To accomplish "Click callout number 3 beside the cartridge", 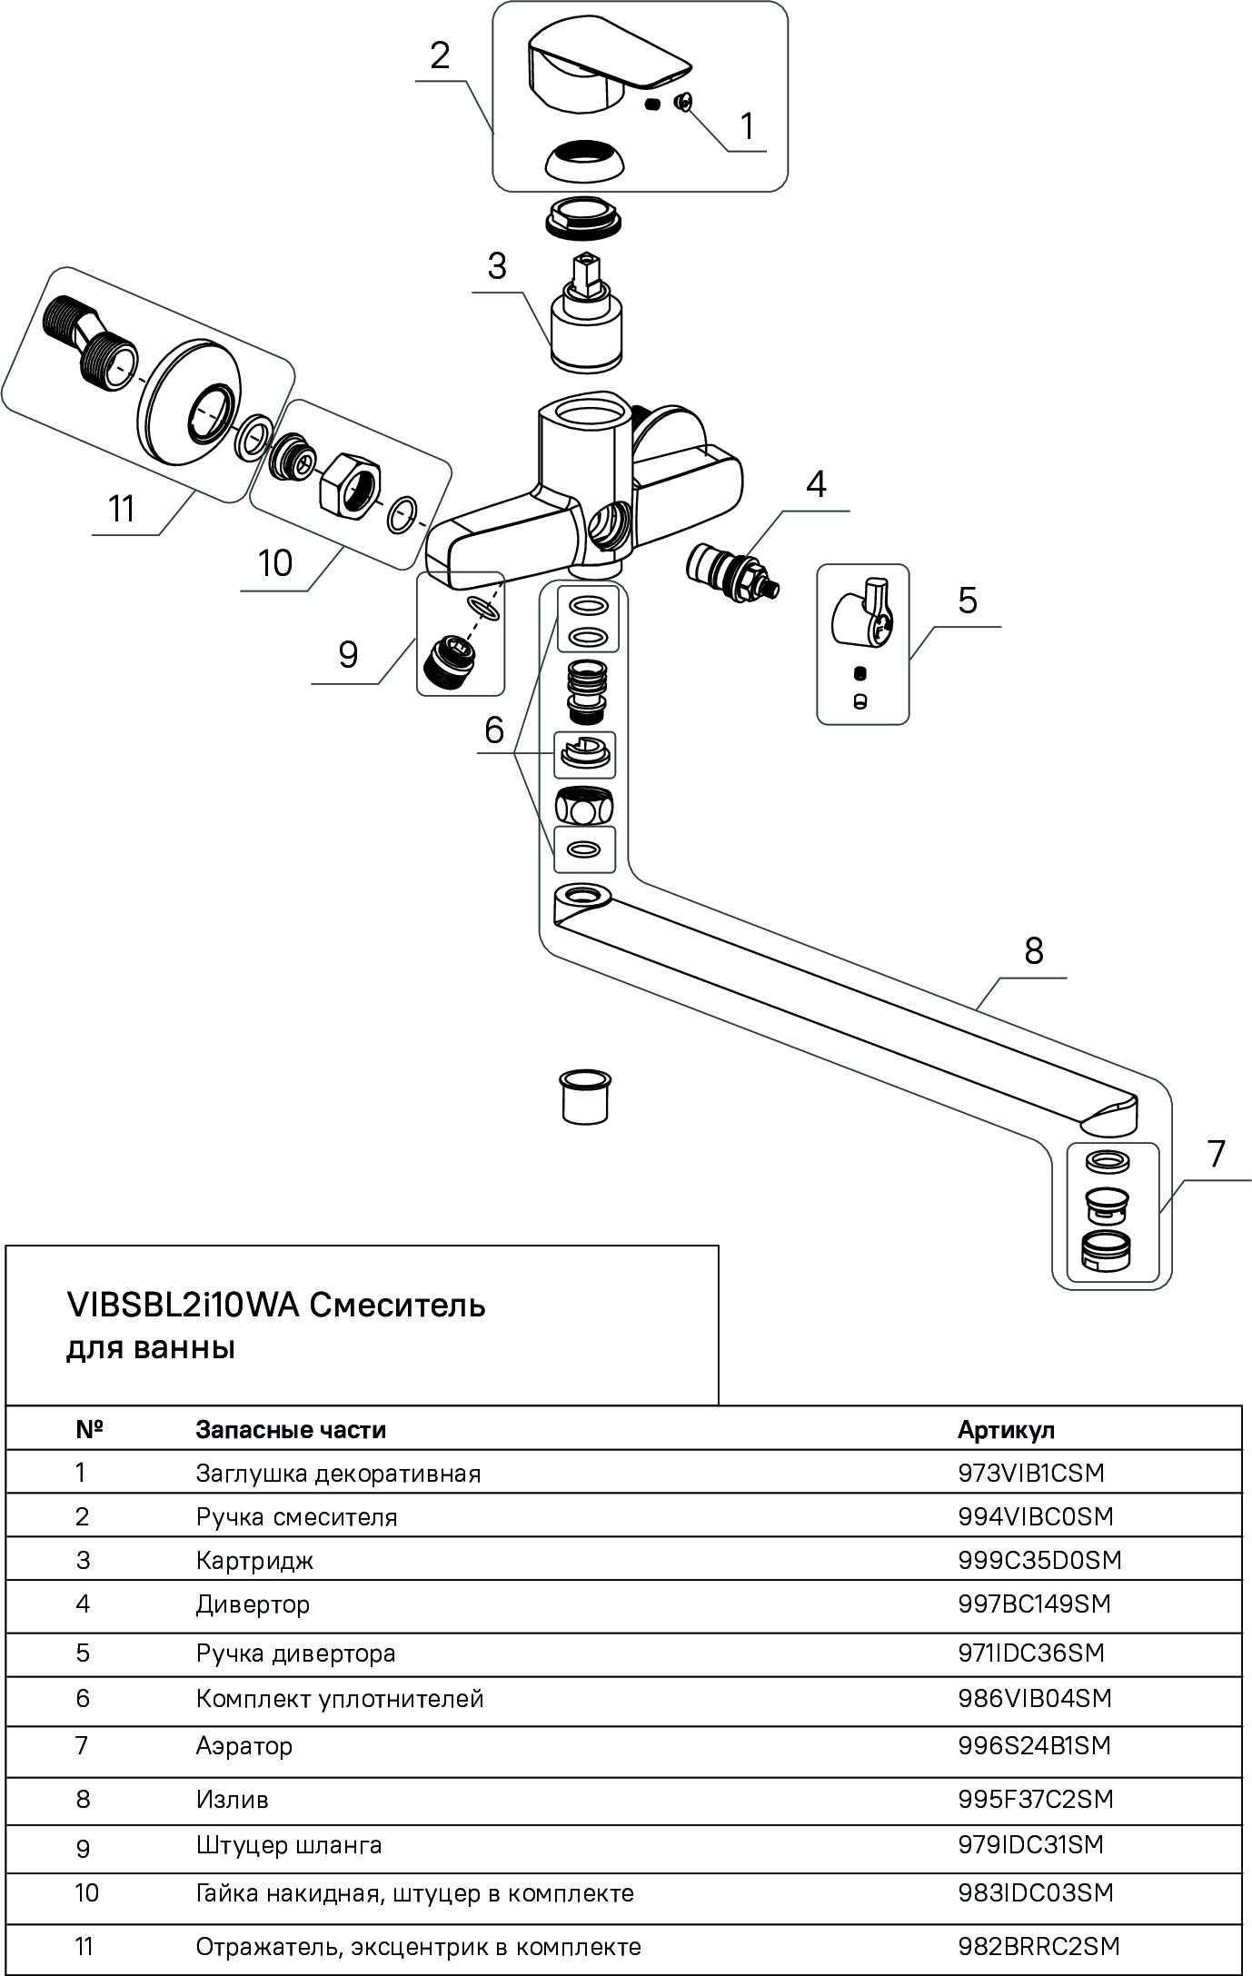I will tap(496, 267).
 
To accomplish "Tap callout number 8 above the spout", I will tap(1033, 951).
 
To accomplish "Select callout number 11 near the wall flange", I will tap(122, 509).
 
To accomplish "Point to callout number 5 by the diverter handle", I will tap(967, 601).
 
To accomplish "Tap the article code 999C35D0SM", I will tap(1039, 1560).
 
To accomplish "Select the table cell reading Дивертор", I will tap(253, 1604).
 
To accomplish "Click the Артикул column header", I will tap(1006, 1429).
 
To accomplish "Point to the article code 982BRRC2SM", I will tap(1038, 1946).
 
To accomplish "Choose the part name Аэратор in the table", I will tap(243, 1745).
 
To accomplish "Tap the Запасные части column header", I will tap(291, 1429).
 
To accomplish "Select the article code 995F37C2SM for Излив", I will tap(1036, 1799).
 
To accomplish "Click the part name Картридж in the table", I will tap(254, 1560).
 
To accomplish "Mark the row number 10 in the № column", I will tap(86, 1892).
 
